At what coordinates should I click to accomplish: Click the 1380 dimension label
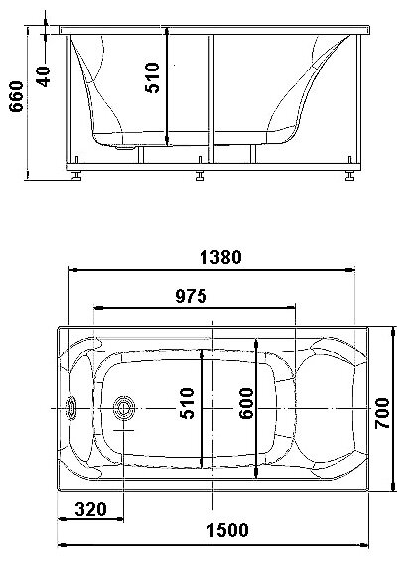click(220, 257)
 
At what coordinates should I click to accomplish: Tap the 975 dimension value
click(191, 296)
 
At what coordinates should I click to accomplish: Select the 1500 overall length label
click(227, 530)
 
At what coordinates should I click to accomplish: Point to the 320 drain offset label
click(90, 509)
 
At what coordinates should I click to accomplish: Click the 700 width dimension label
click(382, 413)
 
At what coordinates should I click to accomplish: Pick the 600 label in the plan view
click(246, 403)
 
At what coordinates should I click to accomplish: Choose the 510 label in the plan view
click(187, 403)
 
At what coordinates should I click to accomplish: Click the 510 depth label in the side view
click(152, 77)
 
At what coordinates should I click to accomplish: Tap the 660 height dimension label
click(16, 96)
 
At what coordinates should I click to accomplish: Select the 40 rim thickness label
click(44, 76)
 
